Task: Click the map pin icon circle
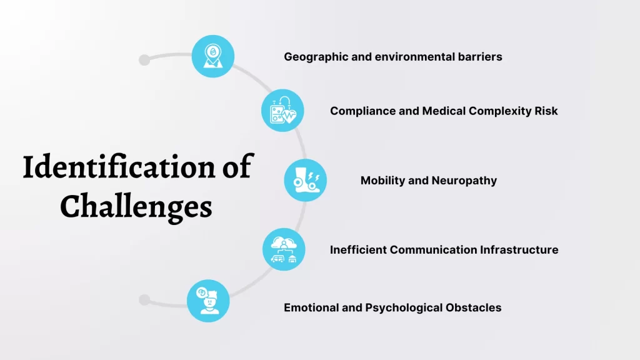pyautogui.click(x=212, y=56)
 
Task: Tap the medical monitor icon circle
pyautogui.click(x=282, y=111)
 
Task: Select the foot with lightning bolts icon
pyautogui.click(x=306, y=181)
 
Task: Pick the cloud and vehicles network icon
pyautogui.click(x=284, y=249)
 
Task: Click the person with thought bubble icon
pyautogui.click(x=208, y=301)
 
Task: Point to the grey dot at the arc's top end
pyautogui.click(x=144, y=60)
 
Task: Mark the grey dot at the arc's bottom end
pyautogui.click(x=144, y=300)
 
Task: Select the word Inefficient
pyautogui.click(x=358, y=250)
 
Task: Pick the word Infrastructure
pyautogui.click(x=520, y=250)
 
